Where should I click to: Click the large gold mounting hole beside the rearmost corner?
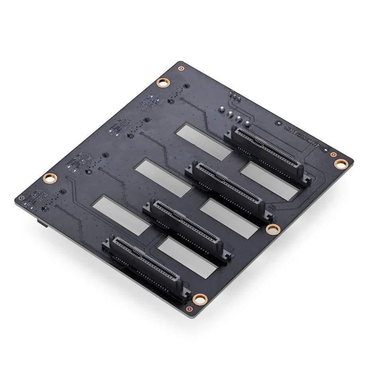[163, 82]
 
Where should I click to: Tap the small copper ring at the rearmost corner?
[181, 68]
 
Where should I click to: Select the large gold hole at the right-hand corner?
[340, 163]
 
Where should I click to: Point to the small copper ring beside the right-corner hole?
[334, 154]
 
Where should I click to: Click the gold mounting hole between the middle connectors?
[273, 229]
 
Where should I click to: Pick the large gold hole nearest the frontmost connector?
[199, 299]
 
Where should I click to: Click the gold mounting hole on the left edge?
[50, 178]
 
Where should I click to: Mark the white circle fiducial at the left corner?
[22, 198]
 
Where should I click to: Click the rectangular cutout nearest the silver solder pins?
[204, 141]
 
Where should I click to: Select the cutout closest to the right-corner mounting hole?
[269, 181]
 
